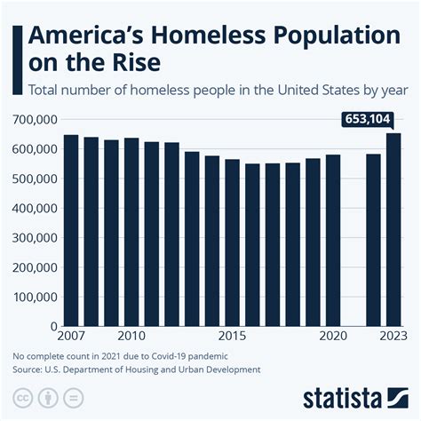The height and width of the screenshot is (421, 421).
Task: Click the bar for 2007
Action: [x=71, y=231]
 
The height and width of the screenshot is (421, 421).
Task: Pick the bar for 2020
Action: [x=332, y=241]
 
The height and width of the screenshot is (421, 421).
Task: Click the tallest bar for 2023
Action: [x=393, y=230]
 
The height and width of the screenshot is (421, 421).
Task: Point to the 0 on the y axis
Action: [x=52, y=327]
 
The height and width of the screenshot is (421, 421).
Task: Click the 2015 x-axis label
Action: [x=232, y=338]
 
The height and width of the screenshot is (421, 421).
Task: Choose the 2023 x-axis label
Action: [x=392, y=338]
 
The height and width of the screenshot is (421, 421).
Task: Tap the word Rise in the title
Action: [x=132, y=65]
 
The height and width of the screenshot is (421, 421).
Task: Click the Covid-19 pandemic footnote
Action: [x=116, y=356]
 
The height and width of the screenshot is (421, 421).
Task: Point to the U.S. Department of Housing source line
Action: [x=137, y=369]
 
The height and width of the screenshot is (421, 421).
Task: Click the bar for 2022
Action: [x=373, y=241]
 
